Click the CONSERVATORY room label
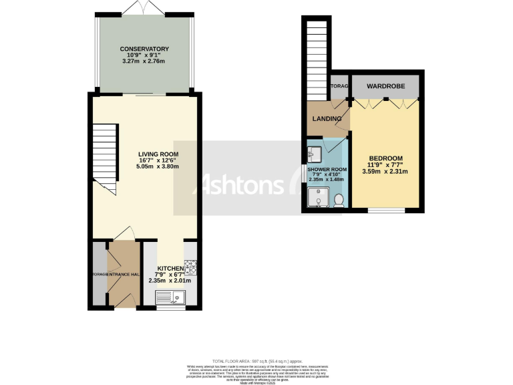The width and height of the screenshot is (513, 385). tap(144, 49)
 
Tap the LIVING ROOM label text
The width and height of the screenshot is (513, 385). tap(144, 153)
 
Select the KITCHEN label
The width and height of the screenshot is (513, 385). tap(170, 268)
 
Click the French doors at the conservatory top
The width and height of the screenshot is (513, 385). tap(144, 8)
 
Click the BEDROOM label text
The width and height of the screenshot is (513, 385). tap(386, 158)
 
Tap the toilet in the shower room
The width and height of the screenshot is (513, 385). tap(339, 199)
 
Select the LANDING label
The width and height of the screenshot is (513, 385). tap(327, 119)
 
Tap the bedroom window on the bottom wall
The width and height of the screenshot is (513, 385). tap(386, 211)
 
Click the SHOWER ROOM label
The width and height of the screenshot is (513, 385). tap(327, 169)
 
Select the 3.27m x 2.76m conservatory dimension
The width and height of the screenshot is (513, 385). tap(144, 61)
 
